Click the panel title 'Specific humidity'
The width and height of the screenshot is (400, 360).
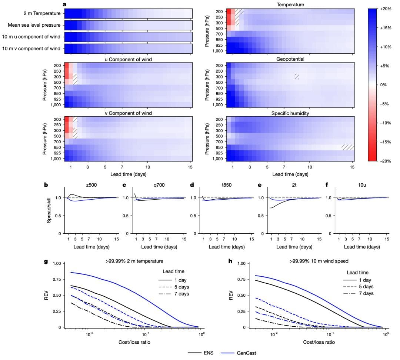tap(290, 113)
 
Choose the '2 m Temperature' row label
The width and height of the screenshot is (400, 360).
tap(42, 14)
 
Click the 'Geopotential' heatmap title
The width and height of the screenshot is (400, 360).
tap(290, 59)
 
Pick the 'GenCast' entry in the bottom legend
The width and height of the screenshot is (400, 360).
tap(246, 353)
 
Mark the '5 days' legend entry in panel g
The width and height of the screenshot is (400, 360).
tap(181, 287)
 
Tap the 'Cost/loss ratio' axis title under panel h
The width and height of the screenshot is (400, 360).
tap(319, 342)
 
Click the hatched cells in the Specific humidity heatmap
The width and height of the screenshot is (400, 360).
tap(348, 147)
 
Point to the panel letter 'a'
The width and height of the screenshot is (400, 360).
tap(64, 4)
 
